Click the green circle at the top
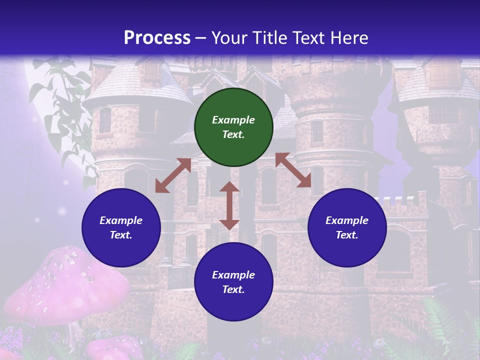[233, 127]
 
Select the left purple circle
[121, 227]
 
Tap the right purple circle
[347, 227]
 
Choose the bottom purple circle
[233, 282]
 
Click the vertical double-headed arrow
[229, 205]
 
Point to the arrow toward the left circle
[173, 175]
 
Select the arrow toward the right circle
[293, 170]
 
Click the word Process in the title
[157, 37]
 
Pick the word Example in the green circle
[233, 120]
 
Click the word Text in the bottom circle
[232, 289]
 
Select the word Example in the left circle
[121, 220]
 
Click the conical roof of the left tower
[137, 82]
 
